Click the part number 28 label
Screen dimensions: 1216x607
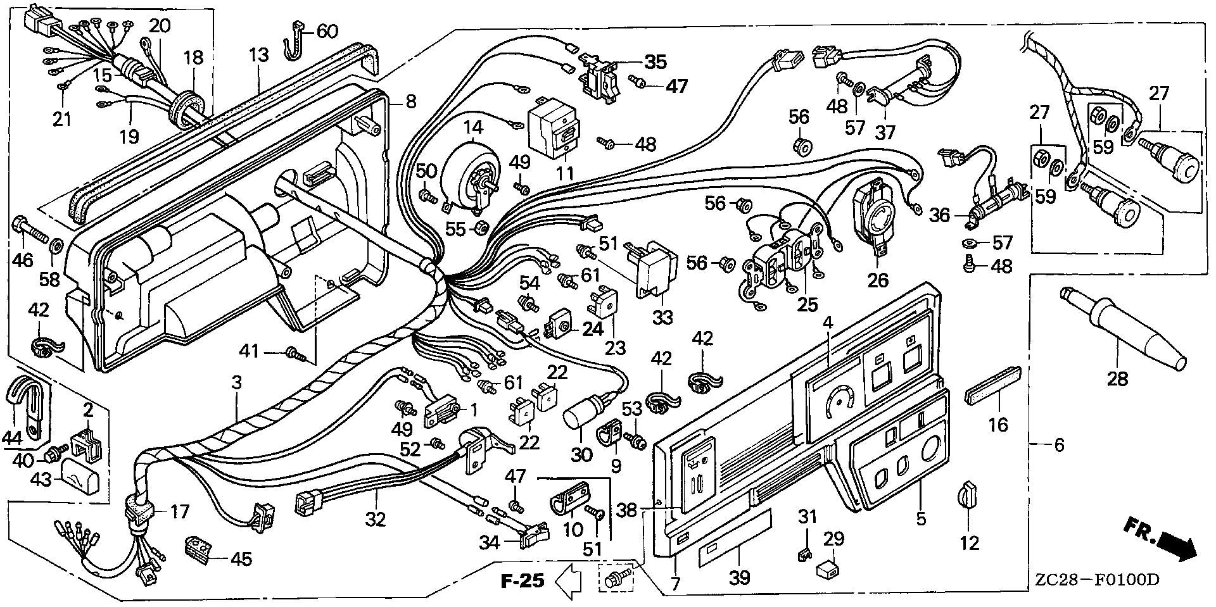[1117, 380]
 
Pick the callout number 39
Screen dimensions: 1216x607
[740, 577]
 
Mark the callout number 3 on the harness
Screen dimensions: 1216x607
[237, 382]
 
